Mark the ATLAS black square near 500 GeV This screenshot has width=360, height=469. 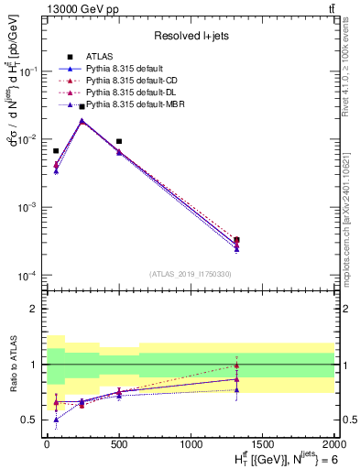point(119,142)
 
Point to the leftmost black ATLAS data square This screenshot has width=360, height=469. point(56,151)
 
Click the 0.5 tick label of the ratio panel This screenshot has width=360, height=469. point(29,420)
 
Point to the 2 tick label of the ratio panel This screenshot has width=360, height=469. point(34,309)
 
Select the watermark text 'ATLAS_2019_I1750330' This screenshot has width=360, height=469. point(191,274)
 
